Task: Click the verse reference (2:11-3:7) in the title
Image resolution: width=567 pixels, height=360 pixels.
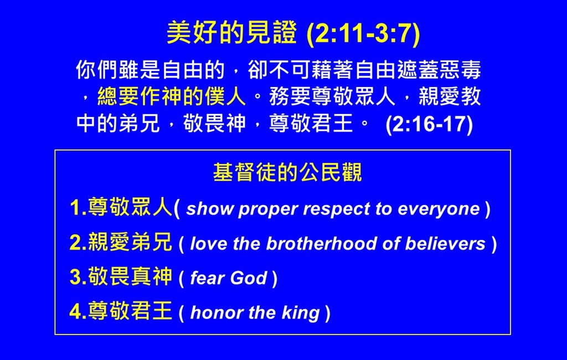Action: point(363,34)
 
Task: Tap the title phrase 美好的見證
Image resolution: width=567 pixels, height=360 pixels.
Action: point(232,33)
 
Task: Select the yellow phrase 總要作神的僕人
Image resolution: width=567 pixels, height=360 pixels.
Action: point(172,96)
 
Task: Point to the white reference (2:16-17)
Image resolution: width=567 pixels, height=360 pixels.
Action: point(429,124)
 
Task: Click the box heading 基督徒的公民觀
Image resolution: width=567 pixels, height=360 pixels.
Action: point(287,172)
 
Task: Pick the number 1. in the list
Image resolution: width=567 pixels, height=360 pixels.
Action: point(78,208)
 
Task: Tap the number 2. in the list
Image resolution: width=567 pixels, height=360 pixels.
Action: point(78,243)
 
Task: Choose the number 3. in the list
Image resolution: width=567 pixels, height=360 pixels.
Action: point(78,277)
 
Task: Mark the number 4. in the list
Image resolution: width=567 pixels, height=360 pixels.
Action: point(78,311)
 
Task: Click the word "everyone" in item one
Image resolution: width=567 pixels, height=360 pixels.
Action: point(439,210)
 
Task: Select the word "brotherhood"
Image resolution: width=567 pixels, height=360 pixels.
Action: point(322,244)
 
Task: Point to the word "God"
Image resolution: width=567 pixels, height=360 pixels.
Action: point(249,278)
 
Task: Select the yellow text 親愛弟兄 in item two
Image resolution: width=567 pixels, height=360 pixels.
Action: point(130,242)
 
